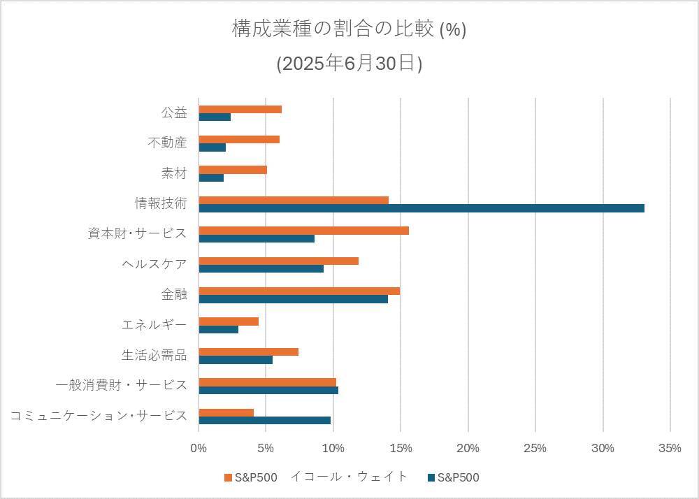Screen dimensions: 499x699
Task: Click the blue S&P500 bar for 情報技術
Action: (421, 208)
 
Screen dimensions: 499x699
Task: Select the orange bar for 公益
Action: (240, 109)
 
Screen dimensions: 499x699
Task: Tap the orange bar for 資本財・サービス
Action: (304, 231)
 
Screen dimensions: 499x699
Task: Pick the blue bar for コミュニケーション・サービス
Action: (265, 421)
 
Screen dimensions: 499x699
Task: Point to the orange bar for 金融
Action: (299, 291)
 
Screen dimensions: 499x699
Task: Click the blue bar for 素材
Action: (211, 178)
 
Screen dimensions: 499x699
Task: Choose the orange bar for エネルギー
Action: (229, 321)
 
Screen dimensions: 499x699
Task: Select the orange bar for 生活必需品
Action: (249, 352)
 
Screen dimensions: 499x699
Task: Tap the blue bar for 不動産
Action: (212, 147)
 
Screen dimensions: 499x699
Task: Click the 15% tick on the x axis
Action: (401, 448)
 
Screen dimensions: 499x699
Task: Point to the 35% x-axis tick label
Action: (670, 448)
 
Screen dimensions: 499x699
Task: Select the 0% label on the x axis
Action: (199, 448)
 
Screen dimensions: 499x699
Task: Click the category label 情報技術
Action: (161, 203)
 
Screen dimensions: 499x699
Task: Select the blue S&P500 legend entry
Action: (454, 477)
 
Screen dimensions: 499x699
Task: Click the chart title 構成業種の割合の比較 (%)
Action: (349, 29)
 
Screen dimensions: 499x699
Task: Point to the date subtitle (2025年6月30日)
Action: (349, 64)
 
